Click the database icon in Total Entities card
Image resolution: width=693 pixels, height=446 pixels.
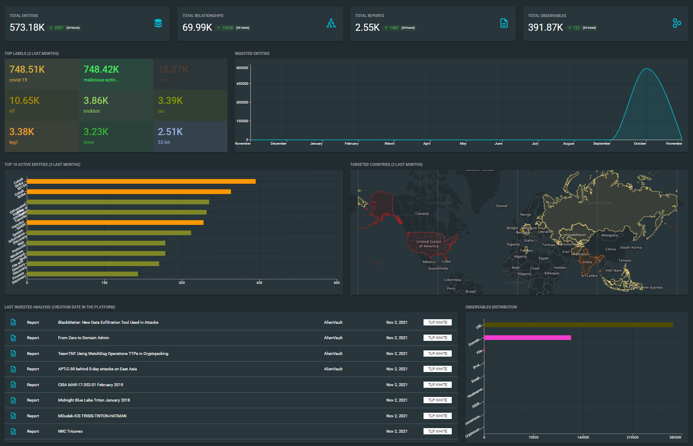[x=158, y=23]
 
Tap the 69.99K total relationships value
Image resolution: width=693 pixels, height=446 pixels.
[x=197, y=27]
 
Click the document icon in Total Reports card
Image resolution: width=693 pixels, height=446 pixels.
[x=504, y=23]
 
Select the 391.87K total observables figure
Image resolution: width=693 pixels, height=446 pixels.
[x=545, y=27]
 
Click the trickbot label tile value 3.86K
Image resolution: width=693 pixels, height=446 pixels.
[x=96, y=101]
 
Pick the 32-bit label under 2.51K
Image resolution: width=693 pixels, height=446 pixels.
[x=164, y=142]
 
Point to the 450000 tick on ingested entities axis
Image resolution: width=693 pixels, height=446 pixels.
[x=242, y=84]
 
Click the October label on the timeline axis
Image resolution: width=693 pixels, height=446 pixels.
[x=640, y=143]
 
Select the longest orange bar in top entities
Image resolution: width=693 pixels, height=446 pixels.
[x=141, y=181]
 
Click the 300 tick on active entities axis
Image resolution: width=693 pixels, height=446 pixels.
[x=182, y=283]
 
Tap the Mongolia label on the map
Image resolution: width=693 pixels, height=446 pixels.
[x=610, y=235]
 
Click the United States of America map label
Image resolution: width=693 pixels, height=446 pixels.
[x=429, y=244]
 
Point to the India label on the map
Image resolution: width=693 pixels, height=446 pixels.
[x=587, y=262]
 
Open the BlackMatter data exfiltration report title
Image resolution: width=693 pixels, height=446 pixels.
[x=108, y=323]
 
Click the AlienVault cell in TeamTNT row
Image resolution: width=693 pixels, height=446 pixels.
[x=333, y=354]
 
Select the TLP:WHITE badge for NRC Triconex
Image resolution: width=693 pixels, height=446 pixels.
[x=438, y=431]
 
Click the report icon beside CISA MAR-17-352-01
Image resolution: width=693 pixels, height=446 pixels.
[x=13, y=385]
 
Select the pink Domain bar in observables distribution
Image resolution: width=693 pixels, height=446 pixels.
[x=527, y=338]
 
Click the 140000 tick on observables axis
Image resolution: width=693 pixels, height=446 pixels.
[x=583, y=437]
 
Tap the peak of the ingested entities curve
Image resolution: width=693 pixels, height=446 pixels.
[x=646, y=69]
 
